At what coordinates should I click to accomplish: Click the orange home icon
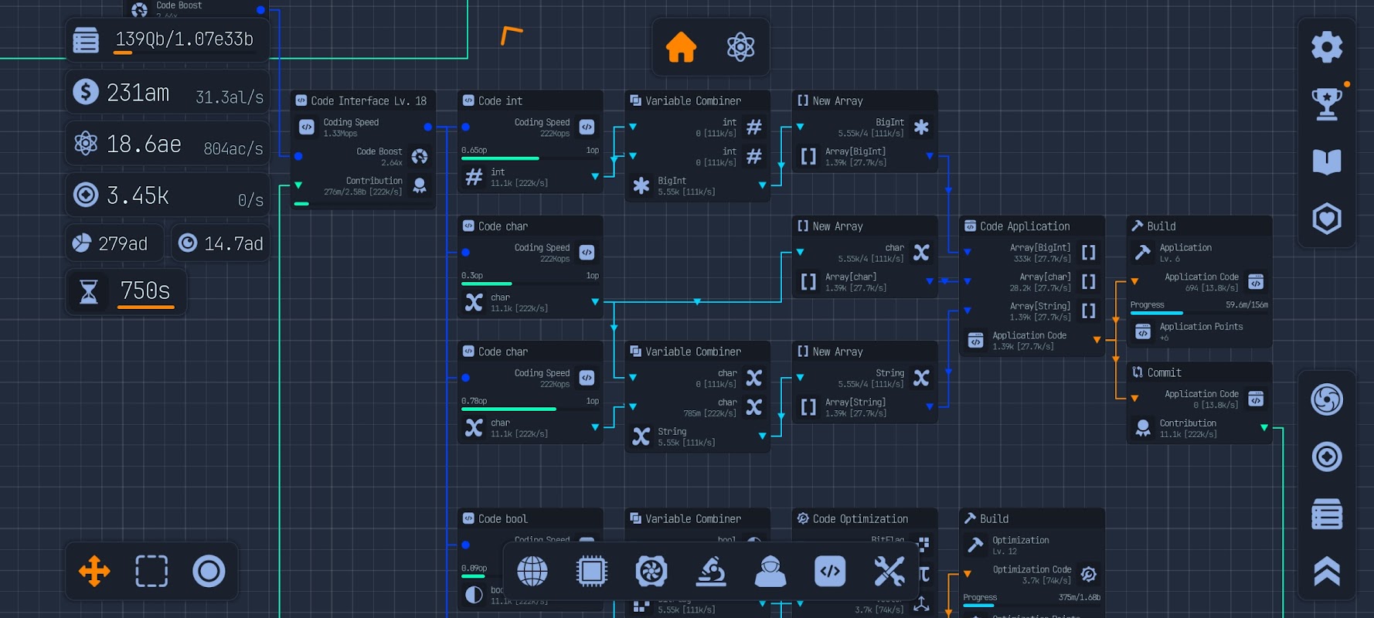681,47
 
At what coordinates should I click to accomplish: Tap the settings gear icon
1327,47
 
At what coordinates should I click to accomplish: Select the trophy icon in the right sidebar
1327,104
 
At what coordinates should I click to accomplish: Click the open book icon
1327,161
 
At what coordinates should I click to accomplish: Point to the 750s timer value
145,290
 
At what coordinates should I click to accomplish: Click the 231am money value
138,93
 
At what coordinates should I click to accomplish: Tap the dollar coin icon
86,92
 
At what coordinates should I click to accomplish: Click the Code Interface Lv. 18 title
368,100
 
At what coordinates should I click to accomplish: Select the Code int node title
500,100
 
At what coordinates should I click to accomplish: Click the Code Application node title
1025,226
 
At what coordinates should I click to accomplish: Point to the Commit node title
1164,372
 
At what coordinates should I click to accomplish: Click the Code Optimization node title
860,518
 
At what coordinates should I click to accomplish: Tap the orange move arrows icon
94,572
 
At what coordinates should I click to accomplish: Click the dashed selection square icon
151,572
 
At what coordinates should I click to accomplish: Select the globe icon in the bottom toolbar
532,572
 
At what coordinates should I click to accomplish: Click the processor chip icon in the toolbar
592,572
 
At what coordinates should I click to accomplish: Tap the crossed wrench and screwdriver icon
889,572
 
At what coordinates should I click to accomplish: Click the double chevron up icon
1327,572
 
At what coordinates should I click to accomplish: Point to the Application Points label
1201,327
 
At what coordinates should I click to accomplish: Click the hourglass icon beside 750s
89,291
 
